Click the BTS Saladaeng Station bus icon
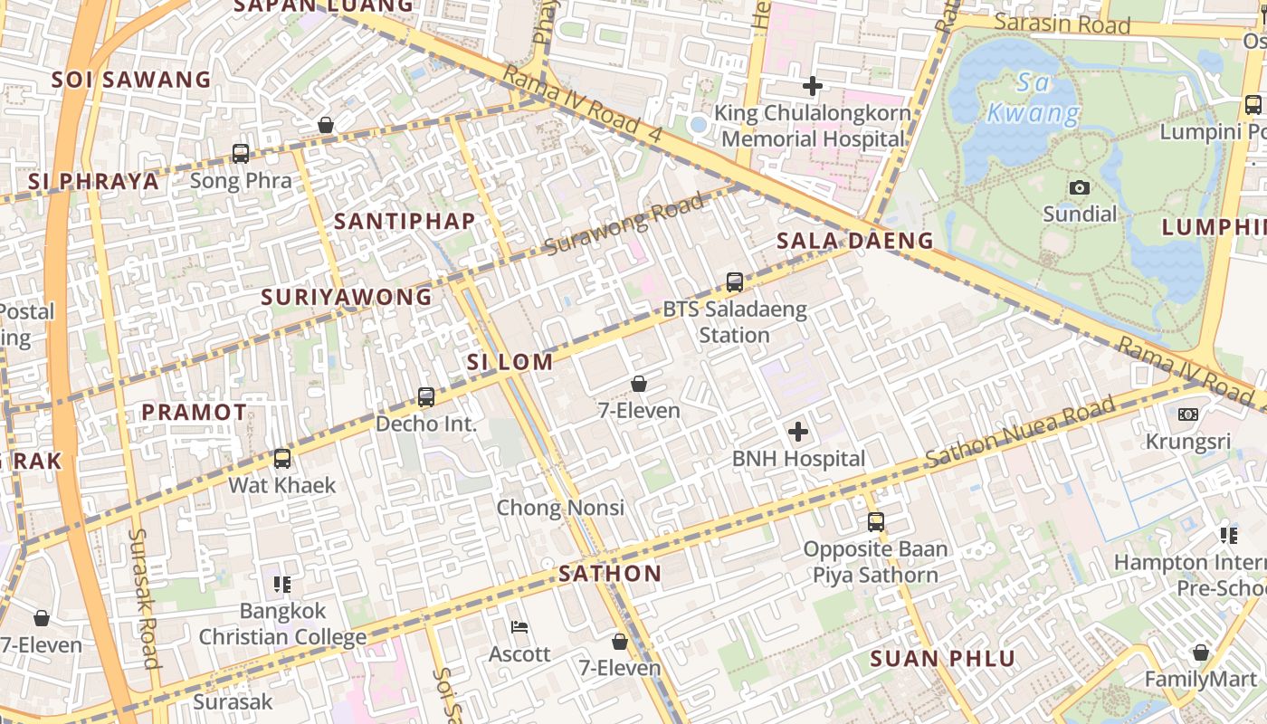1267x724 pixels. pyautogui.click(x=735, y=282)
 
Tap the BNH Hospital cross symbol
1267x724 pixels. pyautogui.click(x=798, y=432)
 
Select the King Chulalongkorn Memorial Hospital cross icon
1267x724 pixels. pyautogui.click(x=813, y=86)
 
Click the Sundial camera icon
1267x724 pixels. pyautogui.click(x=1079, y=187)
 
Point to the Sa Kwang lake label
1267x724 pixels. pyautogui.click(x=1033, y=99)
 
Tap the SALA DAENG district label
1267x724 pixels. pyautogui.click(x=854, y=241)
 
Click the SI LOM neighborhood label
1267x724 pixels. pyautogui.click(x=510, y=362)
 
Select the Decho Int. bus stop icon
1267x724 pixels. pyautogui.click(x=426, y=396)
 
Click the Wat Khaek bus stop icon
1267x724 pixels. pyautogui.click(x=282, y=459)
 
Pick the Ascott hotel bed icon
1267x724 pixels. pyautogui.click(x=519, y=626)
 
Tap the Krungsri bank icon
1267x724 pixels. pyautogui.click(x=1187, y=414)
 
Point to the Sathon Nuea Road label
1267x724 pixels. pyautogui.click(x=1020, y=435)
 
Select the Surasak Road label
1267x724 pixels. pyautogui.click(x=144, y=597)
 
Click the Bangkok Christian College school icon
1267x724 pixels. pyautogui.click(x=282, y=585)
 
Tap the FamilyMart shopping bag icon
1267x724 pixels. pyautogui.click(x=1200, y=653)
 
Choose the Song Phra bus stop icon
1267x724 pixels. pyautogui.click(x=241, y=154)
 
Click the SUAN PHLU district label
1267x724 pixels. pyautogui.click(x=943, y=659)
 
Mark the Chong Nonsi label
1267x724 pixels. pyautogui.click(x=560, y=508)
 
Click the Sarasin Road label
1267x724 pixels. pyautogui.click(x=1062, y=24)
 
